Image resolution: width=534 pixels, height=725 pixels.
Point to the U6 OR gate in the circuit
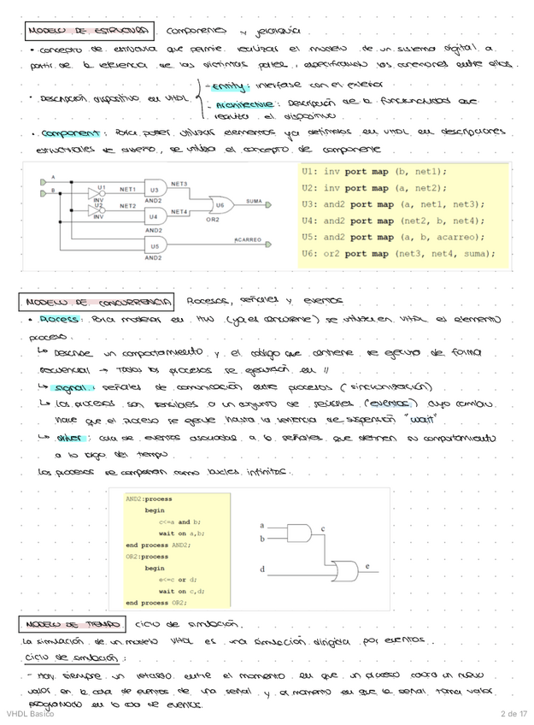(x=220, y=205)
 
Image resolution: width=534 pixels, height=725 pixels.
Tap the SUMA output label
(x=253, y=202)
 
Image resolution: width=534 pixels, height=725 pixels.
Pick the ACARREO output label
(x=247, y=240)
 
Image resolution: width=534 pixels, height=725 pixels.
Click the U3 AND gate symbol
(x=155, y=190)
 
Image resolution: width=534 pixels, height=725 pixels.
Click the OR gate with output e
(x=346, y=569)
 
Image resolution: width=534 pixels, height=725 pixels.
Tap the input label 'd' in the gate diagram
(x=262, y=569)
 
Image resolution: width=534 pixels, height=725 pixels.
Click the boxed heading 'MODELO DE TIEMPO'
(x=72, y=625)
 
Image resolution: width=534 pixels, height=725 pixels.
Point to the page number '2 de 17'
(x=514, y=715)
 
